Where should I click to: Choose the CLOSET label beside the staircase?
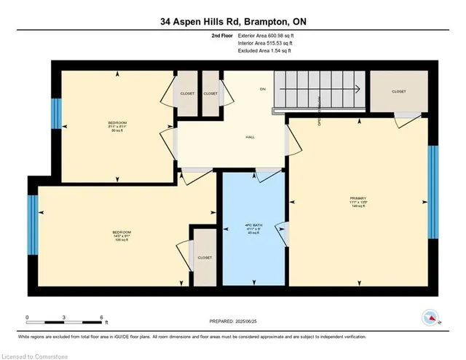[398, 91]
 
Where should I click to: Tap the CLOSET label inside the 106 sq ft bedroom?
[204, 258]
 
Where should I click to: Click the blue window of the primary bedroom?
[433, 179]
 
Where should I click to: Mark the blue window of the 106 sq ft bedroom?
[32, 225]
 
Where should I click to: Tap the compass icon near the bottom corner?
[430, 318]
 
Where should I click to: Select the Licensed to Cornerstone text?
[39, 353]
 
